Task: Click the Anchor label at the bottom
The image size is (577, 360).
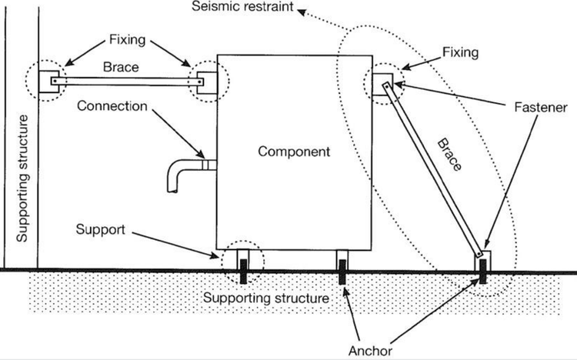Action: tap(370, 350)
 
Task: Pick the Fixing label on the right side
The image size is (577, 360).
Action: tap(461, 52)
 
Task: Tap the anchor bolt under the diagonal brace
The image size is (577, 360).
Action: tap(484, 270)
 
